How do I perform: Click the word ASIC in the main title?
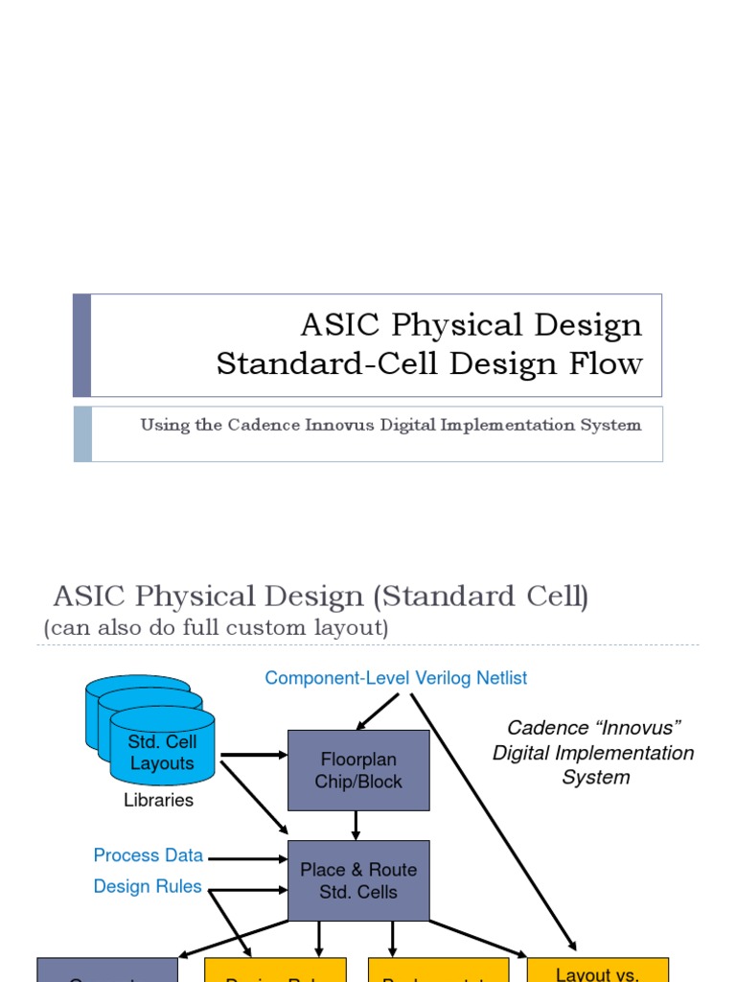click(335, 325)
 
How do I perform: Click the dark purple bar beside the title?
click(82, 345)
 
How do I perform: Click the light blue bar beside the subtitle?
click(82, 433)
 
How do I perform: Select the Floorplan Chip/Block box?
click(358, 770)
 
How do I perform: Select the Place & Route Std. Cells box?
click(358, 880)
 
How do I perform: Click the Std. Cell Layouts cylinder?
click(162, 753)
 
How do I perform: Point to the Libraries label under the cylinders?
click(158, 800)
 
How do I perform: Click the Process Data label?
click(148, 854)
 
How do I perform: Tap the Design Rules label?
click(148, 886)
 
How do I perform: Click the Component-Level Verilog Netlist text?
click(396, 678)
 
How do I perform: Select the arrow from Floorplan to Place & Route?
click(356, 825)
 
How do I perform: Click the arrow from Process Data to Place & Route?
click(247, 857)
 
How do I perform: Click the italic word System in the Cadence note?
click(595, 778)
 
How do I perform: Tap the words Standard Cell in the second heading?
click(479, 596)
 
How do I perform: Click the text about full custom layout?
click(216, 628)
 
